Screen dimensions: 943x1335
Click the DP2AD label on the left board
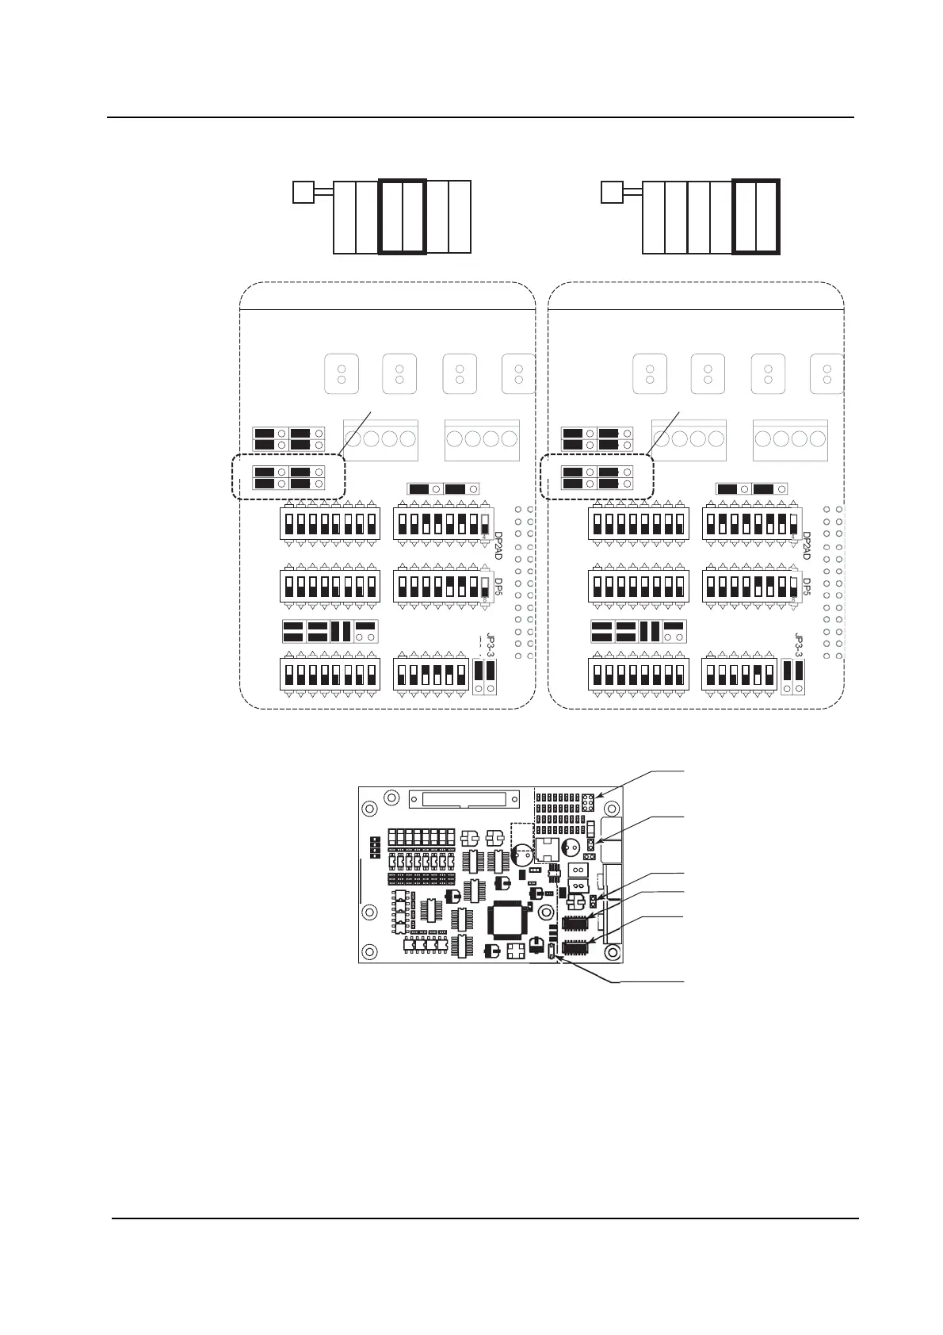click(x=498, y=545)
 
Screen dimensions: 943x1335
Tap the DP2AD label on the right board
click(x=807, y=545)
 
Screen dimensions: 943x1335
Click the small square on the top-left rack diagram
click(x=303, y=192)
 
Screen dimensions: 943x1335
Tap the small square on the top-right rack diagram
click(x=611, y=192)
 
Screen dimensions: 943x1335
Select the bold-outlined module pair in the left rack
click(x=403, y=216)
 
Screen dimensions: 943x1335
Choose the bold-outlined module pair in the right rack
click(x=756, y=216)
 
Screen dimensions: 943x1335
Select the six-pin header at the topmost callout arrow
click(x=589, y=801)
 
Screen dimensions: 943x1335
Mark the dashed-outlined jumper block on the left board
click(x=288, y=477)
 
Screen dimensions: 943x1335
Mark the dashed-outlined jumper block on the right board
click(x=597, y=477)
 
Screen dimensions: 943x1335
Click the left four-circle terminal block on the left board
click(x=380, y=439)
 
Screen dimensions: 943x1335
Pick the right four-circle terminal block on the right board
click(x=790, y=439)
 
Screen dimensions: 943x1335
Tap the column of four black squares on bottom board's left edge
click(x=373, y=847)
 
